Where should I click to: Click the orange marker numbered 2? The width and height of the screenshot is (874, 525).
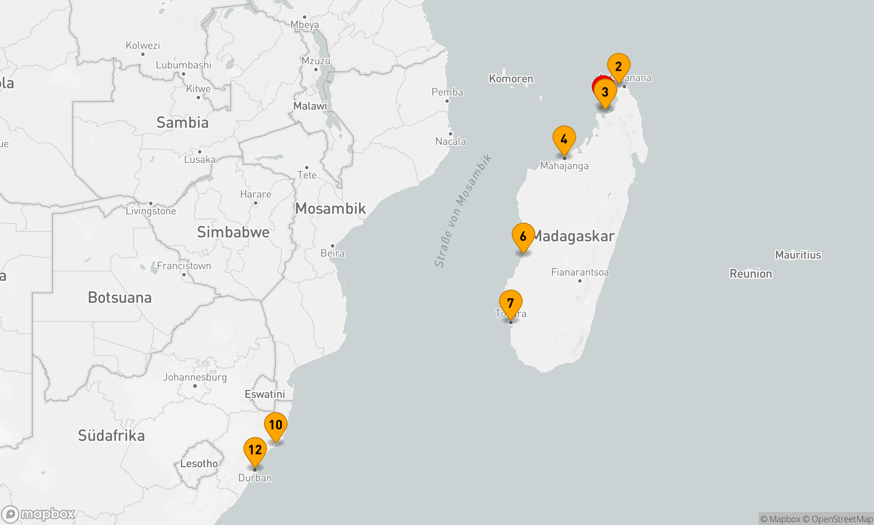coord(618,67)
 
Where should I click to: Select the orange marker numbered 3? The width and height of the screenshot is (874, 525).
coord(605,92)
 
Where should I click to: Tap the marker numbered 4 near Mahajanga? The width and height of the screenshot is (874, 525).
coord(564,140)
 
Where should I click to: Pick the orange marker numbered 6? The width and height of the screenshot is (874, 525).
coord(523,237)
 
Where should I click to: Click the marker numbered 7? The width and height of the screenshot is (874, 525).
coord(510,303)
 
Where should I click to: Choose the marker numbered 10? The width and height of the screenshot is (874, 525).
coord(275,425)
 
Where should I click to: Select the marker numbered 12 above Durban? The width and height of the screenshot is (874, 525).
coord(255,450)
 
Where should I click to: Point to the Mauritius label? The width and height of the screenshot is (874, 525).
coord(798,255)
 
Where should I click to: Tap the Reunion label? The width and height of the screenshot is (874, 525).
coord(751,274)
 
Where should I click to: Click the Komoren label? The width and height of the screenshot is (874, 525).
coord(511,79)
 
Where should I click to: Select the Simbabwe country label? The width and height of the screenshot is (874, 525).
coord(233,232)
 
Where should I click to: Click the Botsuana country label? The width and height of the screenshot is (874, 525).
coord(120,297)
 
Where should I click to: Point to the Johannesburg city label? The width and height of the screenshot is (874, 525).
coord(195,377)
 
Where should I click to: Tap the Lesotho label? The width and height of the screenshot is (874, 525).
coord(199,463)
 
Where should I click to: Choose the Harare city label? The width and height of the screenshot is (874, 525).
coord(256,194)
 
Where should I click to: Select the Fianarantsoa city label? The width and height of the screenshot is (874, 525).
coord(579,272)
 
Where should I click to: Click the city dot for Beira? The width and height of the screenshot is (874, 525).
coord(332,246)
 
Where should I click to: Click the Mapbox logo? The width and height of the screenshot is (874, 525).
coord(38,514)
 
